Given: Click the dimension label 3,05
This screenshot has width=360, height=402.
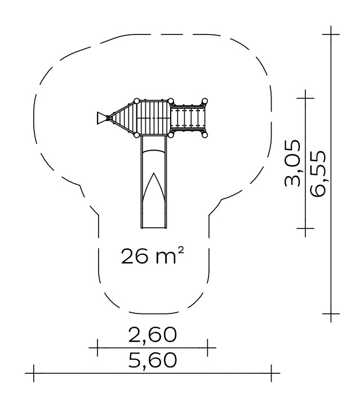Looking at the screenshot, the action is [292, 164].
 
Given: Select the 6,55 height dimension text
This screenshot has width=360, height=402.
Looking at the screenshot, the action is [318, 174].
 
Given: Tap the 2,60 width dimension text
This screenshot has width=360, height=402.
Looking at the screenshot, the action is [153, 334].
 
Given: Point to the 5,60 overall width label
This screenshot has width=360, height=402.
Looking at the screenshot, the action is [153, 360].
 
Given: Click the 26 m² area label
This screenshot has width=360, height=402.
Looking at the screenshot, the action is [153, 255].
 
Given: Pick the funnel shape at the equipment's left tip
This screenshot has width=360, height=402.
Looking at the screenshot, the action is [101, 118].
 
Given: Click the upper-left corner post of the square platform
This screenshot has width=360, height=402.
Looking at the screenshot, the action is [136, 101].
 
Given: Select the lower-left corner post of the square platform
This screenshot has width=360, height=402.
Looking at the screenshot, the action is [136, 135].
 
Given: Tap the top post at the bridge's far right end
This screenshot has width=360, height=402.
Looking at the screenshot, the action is [205, 101].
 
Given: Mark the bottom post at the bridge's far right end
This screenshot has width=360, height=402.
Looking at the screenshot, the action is [205, 135].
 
